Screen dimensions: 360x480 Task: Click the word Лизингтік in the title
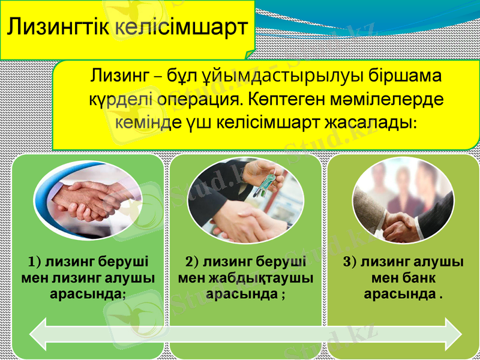(58, 28)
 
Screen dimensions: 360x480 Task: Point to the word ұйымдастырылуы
(266, 77)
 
